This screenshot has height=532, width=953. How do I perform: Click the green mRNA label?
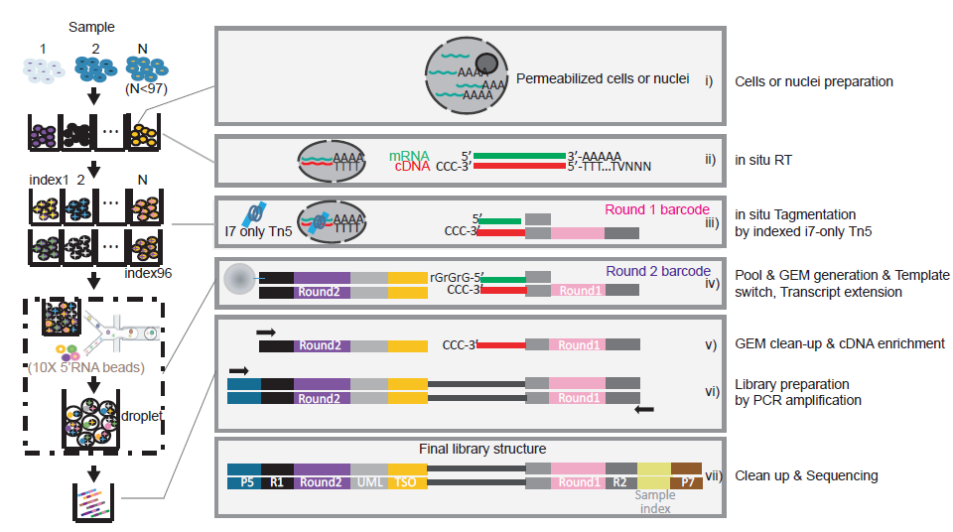pos(408,156)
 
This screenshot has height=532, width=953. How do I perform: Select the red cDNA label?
pos(408,167)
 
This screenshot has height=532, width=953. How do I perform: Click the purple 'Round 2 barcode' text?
pos(658,271)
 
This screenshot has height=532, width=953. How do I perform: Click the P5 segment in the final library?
pos(243,482)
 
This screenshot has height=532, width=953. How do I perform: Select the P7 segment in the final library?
pos(686,482)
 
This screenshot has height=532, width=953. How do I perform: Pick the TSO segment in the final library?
pos(407,482)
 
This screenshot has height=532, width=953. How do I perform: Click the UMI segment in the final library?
pos(368,482)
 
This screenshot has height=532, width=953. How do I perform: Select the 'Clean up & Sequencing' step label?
pos(806,475)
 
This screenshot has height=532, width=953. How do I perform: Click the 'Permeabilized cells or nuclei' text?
pos(602,78)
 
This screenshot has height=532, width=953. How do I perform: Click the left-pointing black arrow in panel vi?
pos(644,407)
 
